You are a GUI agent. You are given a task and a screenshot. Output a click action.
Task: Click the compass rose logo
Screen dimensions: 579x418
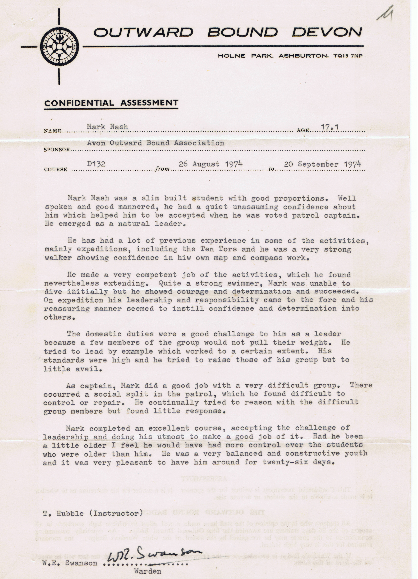[60, 47]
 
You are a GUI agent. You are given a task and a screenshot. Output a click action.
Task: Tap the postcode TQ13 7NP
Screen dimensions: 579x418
[348, 56]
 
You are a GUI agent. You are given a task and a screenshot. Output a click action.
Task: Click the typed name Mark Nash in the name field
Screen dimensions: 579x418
[107, 127]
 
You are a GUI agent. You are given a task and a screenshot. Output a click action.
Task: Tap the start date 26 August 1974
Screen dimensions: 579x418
[210, 164]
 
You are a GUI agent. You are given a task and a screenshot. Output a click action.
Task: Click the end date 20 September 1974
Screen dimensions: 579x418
[322, 164]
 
